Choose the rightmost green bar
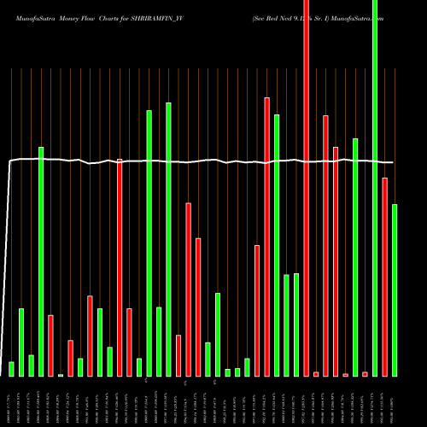(x=395, y=290)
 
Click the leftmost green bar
(x=11, y=369)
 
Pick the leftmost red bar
(x=50, y=345)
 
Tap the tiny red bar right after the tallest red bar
(x=316, y=374)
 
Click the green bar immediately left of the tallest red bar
(x=296, y=325)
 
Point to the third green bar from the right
(x=355, y=256)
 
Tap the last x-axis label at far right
(x=395, y=401)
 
